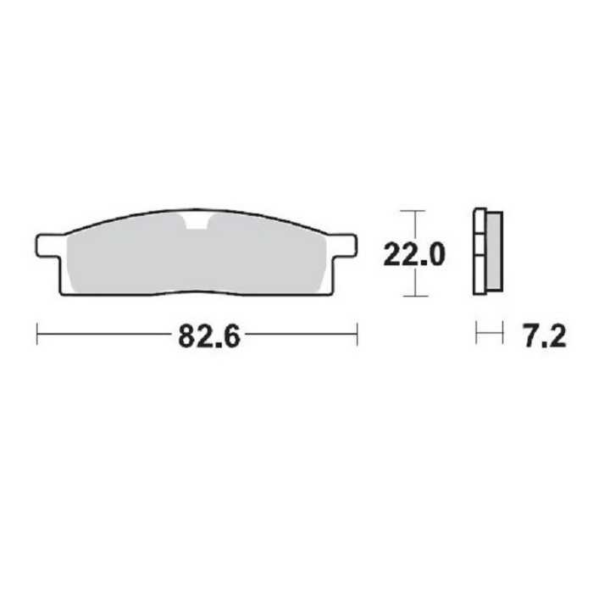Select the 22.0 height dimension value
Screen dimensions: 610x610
pos(413,252)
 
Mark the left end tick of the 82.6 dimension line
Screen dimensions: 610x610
pos(37,335)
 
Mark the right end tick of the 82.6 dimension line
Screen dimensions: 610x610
pos(358,335)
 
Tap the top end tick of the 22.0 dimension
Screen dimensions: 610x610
pos(413,209)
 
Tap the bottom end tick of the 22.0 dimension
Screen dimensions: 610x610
pos(413,296)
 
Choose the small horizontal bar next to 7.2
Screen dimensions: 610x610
pos(488,335)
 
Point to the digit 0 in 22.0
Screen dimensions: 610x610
pos(434,252)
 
